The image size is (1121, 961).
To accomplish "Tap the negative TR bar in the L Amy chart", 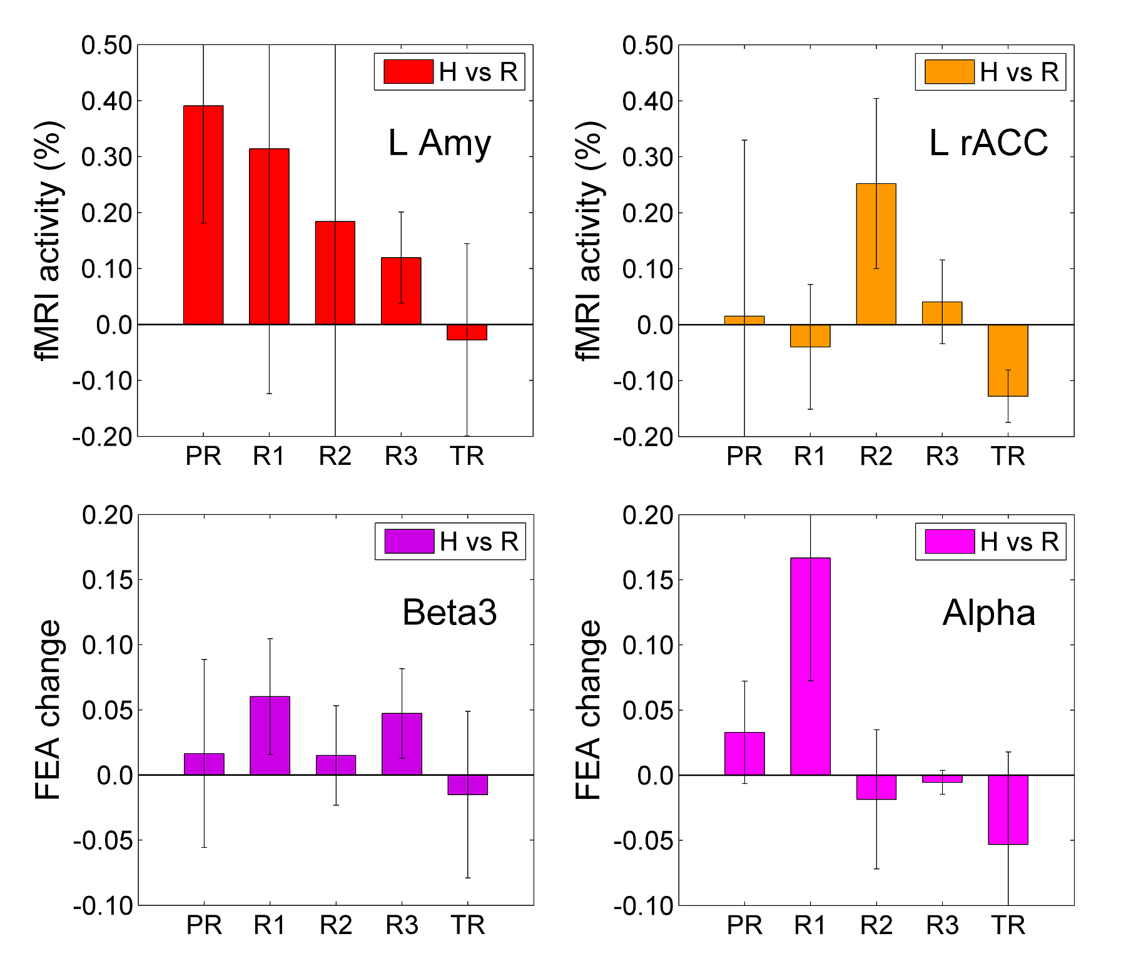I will [x=467, y=332].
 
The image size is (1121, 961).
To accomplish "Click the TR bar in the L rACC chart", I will [x=1008, y=360].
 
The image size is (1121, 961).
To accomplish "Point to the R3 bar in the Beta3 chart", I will [x=402, y=744].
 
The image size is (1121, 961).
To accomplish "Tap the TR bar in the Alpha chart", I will [x=1008, y=810].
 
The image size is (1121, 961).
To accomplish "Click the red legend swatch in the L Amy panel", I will [x=408, y=72].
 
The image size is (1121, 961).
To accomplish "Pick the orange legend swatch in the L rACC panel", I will [x=949, y=72].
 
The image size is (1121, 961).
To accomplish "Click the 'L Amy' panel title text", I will [x=439, y=143].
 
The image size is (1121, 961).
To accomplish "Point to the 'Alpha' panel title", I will [x=988, y=613].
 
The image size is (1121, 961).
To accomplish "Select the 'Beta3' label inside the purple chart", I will [x=449, y=613].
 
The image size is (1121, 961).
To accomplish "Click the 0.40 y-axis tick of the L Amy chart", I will [x=107, y=101].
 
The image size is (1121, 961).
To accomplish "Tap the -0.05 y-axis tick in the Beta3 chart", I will [x=103, y=841].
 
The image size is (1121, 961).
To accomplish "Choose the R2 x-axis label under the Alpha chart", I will [x=876, y=925].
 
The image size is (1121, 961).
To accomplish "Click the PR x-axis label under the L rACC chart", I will [x=744, y=457].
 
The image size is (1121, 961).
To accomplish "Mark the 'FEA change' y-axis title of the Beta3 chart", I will [x=48, y=710].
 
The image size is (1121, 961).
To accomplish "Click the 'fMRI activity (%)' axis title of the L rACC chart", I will [x=589, y=241].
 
